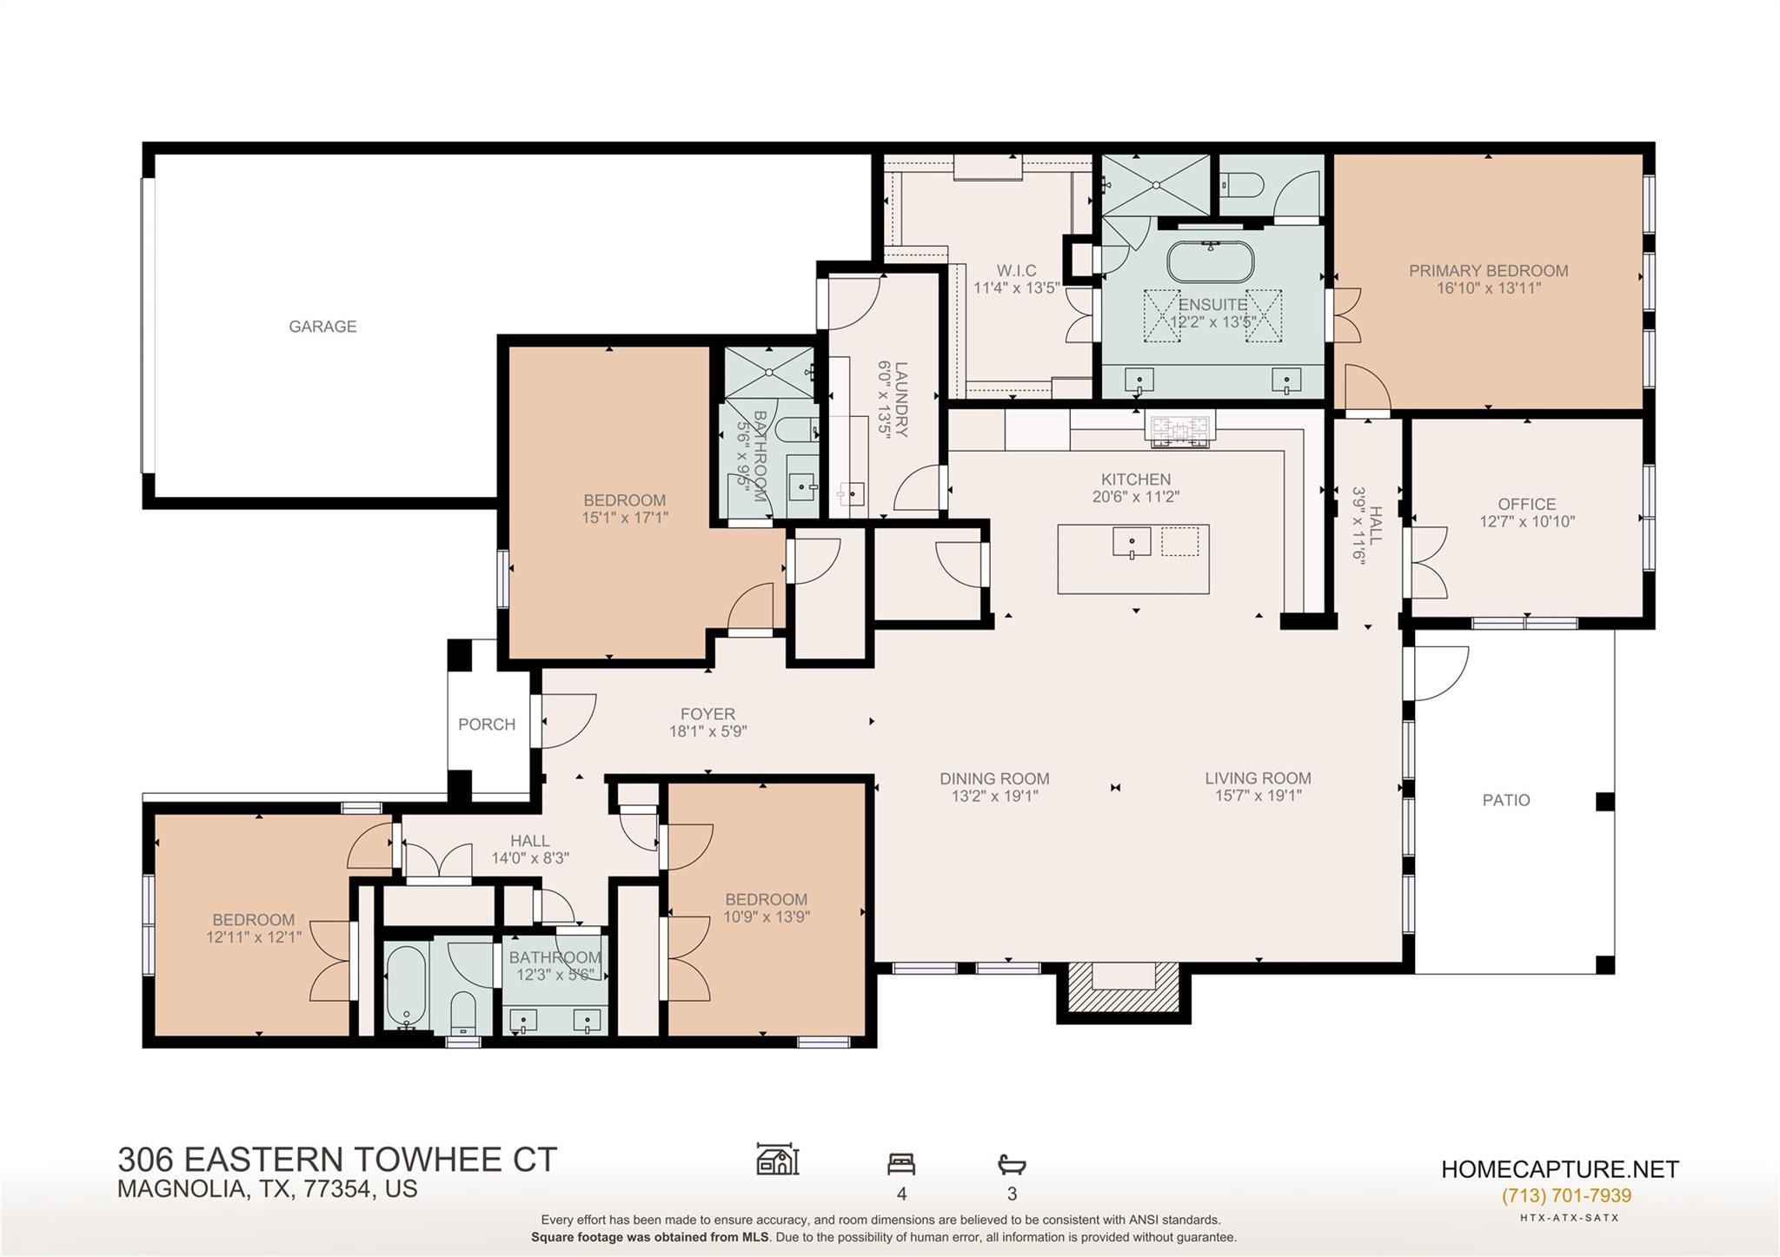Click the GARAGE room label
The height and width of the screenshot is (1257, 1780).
pos(322,327)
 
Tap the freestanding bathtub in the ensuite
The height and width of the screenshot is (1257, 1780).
pos(1210,261)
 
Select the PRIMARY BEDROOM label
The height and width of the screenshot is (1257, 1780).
pos(1488,271)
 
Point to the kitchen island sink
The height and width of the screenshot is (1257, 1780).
pos(1132,542)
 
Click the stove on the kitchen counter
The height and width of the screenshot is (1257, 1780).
pos(1179,430)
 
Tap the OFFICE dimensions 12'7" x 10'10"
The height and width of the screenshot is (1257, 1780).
pos(1527,522)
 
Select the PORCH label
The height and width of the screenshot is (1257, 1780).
pos(487,724)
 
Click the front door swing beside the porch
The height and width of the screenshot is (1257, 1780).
pos(567,719)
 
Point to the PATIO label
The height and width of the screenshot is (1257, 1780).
pos(1506,800)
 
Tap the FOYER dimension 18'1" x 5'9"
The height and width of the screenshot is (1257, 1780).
pos(707,732)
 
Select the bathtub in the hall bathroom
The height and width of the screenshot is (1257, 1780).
pos(405,986)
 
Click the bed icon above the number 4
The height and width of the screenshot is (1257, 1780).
pos(901,1163)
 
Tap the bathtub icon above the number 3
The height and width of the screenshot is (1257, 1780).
pos(1012,1164)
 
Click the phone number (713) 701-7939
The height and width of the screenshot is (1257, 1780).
pos(1566,1195)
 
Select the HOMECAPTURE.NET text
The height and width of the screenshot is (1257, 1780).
pos(1559,1169)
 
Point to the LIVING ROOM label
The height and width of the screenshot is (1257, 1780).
pos(1258,778)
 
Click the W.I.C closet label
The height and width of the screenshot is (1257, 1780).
pos(1016,271)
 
